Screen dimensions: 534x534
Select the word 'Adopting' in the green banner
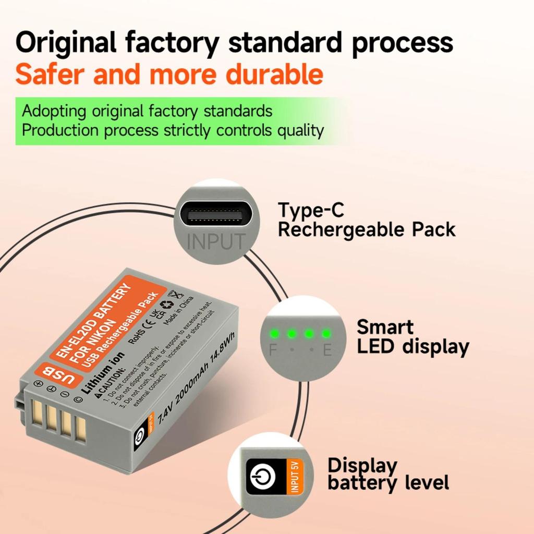[54, 111]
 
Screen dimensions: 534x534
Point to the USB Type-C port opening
[211, 215]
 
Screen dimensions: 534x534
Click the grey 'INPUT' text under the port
[216, 241]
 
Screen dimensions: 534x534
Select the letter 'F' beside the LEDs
[273, 350]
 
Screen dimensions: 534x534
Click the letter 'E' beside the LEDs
[327, 350]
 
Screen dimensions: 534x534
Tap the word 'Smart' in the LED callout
[385, 327]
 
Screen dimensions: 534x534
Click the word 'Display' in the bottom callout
[362, 465]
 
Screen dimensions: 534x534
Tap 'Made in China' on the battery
[178, 312]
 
